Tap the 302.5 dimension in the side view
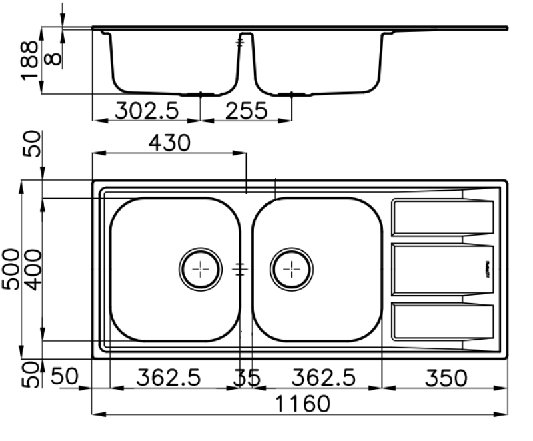click(x=148, y=111)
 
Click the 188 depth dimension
click(x=29, y=61)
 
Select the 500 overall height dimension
click(x=11, y=269)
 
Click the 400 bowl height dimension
click(x=31, y=269)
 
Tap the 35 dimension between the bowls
click(x=246, y=378)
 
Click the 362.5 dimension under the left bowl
click(x=169, y=378)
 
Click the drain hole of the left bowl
click(x=200, y=269)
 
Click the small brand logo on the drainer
click(x=486, y=269)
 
